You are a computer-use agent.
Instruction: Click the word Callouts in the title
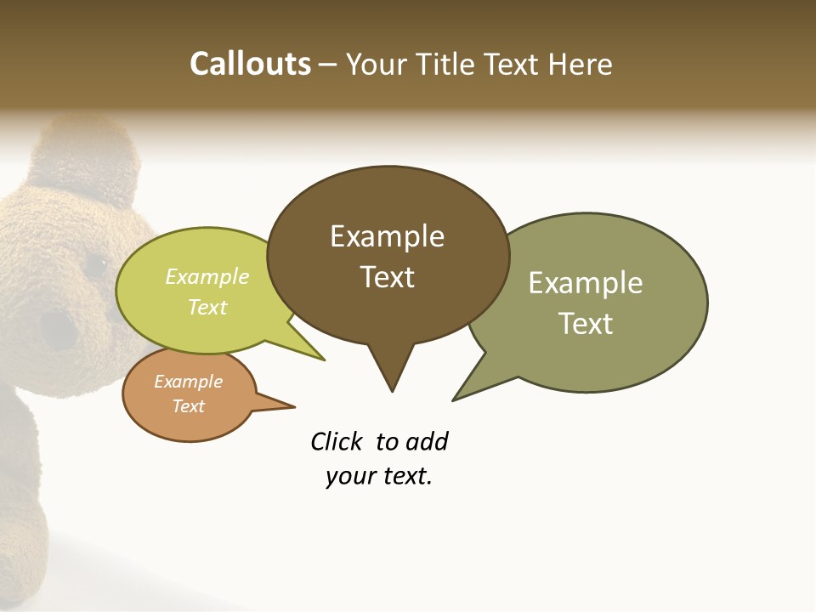[x=251, y=64]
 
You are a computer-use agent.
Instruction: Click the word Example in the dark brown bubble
[x=387, y=236]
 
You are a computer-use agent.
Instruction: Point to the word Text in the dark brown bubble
[x=388, y=277]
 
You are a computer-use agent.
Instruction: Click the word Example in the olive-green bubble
[x=586, y=283]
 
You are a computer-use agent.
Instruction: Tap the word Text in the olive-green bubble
[x=586, y=324]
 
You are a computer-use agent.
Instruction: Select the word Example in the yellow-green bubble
[x=207, y=276]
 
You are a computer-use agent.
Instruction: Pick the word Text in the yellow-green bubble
[x=207, y=307]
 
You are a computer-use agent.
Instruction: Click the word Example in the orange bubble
[x=188, y=382]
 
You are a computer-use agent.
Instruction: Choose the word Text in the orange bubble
[x=188, y=406]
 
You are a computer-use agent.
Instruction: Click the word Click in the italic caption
[x=336, y=441]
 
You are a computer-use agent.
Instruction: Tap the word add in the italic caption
[x=427, y=441]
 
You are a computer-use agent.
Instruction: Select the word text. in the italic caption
[x=404, y=476]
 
